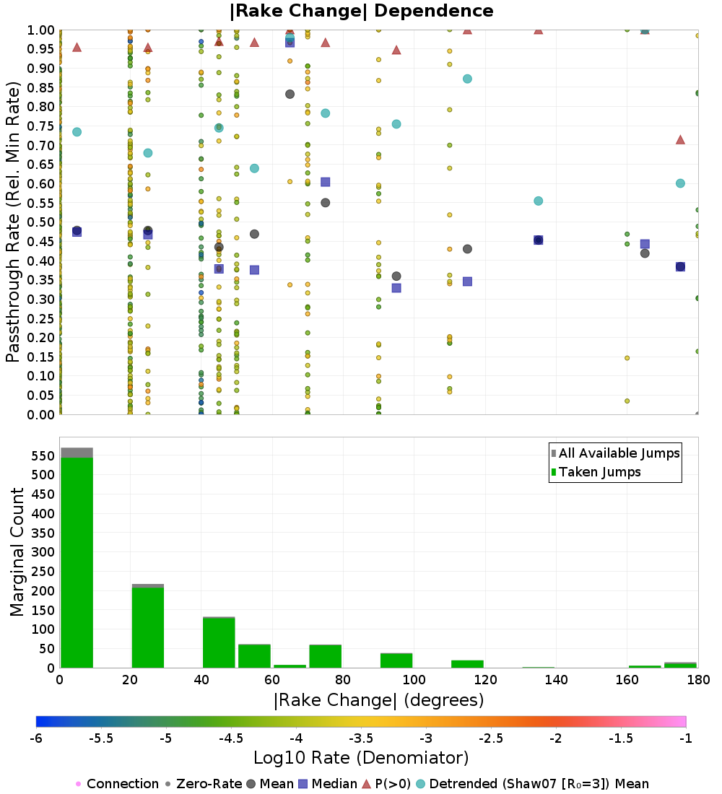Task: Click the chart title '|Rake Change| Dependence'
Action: (361, 11)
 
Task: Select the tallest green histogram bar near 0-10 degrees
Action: (77, 563)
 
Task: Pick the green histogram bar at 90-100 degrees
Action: (396, 660)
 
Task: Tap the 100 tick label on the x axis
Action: (414, 680)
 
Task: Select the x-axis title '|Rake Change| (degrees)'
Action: (378, 700)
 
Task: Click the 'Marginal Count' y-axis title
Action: (17, 552)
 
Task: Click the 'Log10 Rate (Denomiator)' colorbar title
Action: (361, 758)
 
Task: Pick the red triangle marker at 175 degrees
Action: (680, 139)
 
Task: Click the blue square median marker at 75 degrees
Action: (326, 182)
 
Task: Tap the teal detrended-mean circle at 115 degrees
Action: (467, 79)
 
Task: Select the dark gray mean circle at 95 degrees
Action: (396, 276)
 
